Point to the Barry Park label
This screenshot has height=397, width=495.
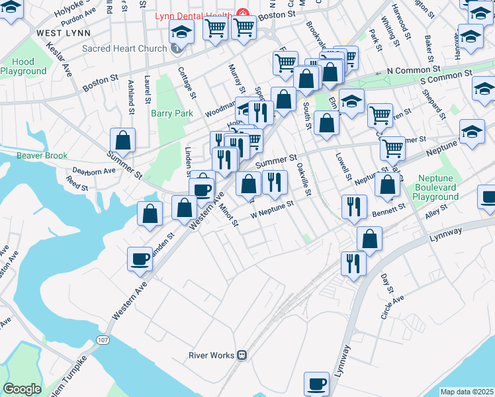[x=172, y=113]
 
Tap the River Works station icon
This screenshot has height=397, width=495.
[x=242, y=355]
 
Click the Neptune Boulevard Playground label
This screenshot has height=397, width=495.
[x=447, y=188]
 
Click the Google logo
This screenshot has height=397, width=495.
[x=22, y=389]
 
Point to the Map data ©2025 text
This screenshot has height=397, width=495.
[x=467, y=392]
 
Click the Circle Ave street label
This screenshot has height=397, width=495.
[x=392, y=308]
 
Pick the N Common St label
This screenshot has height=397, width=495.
[x=414, y=69]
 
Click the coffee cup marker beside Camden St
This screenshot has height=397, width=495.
[x=140, y=259]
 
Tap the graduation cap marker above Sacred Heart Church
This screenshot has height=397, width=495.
[x=181, y=31]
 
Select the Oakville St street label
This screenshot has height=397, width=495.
[x=303, y=180]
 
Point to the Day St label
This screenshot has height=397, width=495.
[x=387, y=281]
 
